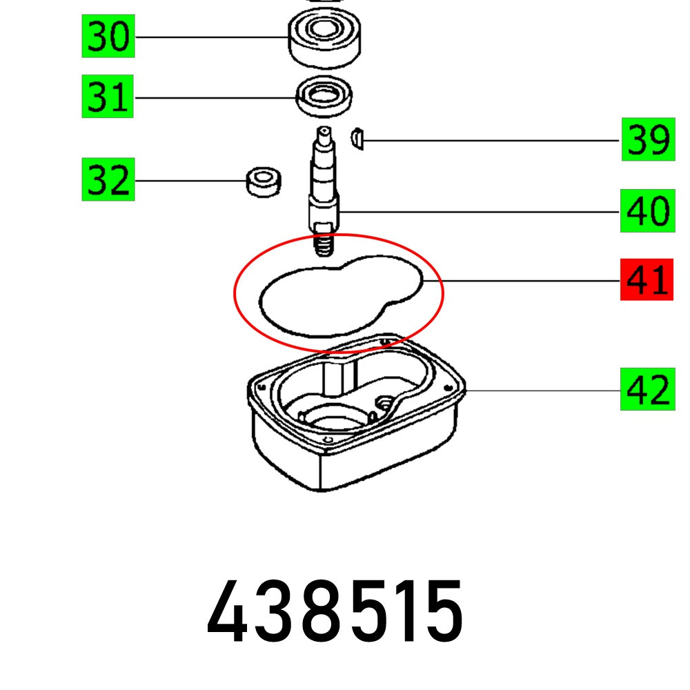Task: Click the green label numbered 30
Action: (108, 37)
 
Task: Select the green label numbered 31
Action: (108, 97)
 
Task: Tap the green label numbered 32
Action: (108, 180)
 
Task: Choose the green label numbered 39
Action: (648, 141)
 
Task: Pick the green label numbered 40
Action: (648, 211)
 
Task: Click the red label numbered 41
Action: (648, 281)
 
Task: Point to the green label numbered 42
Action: (648, 390)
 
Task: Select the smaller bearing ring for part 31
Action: (324, 98)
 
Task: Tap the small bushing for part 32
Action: (263, 181)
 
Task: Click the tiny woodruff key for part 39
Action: (357, 138)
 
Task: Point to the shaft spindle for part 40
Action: (324, 179)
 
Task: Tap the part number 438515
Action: (335, 611)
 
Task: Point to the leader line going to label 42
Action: (545, 391)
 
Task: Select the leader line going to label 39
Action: (490, 141)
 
